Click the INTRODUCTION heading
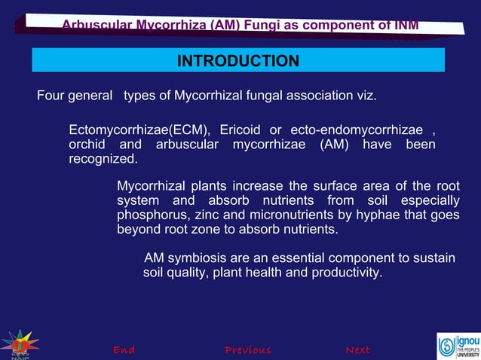237,60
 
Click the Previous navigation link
248,350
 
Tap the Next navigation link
357,350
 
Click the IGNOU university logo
458,346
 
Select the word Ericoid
240,130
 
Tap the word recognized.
103,159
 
